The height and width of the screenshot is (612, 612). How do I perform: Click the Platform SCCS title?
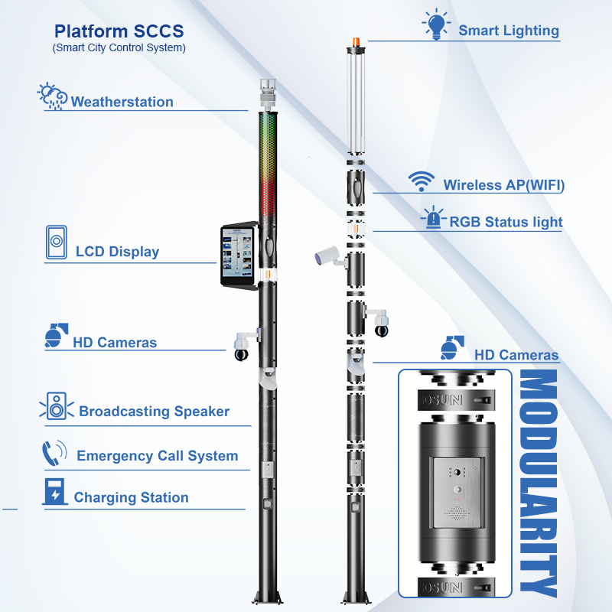(x=119, y=31)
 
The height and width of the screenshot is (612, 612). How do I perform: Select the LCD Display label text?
(x=117, y=252)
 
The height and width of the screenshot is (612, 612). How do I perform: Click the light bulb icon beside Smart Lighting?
(x=436, y=25)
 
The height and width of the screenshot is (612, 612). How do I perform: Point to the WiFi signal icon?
(x=420, y=181)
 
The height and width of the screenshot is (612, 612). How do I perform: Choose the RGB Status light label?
(x=506, y=222)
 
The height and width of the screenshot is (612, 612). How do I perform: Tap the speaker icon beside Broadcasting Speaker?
(x=56, y=406)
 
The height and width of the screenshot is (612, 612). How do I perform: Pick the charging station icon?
(x=54, y=493)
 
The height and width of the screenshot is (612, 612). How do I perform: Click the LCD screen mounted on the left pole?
(x=239, y=256)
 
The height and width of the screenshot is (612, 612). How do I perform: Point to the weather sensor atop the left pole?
(x=267, y=93)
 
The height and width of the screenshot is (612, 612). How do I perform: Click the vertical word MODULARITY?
(x=538, y=483)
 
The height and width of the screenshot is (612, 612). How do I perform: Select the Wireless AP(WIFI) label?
(x=503, y=185)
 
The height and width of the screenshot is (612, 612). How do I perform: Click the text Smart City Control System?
(x=119, y=47)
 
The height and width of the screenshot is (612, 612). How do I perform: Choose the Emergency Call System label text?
(x=157, y=456)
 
